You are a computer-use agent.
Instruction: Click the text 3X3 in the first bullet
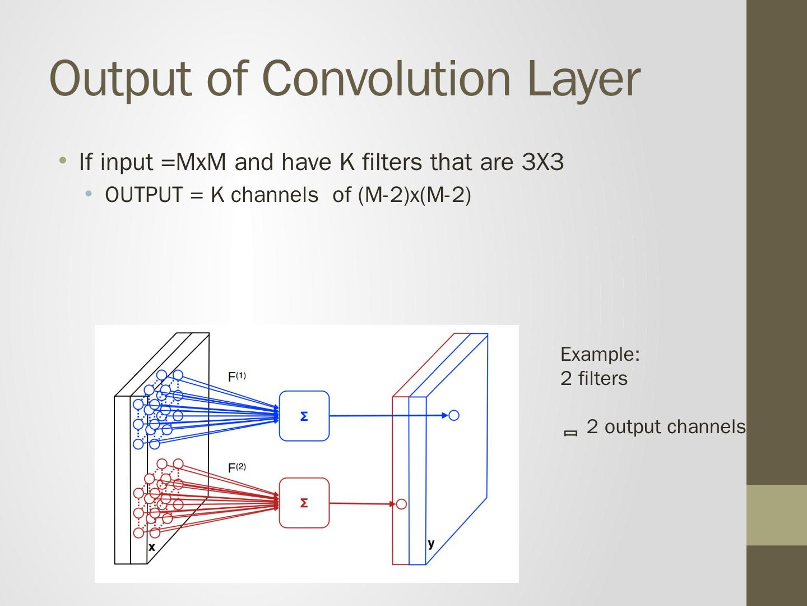click(542, 162)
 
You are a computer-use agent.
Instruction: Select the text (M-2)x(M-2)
click(414, 195)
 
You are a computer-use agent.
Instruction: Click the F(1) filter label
click(236, 377)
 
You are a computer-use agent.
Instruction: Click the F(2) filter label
click(236, 467)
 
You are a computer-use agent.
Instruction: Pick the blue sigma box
click(304, 416)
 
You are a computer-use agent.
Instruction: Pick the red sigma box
click(304, 503)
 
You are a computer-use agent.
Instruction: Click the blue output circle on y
click(454, 415)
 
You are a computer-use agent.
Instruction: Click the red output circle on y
click(401, 504)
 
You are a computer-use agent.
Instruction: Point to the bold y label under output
click(431, 543)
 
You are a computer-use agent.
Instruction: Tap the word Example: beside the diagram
click(600, 354)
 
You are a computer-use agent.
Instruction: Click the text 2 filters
click(594, 379)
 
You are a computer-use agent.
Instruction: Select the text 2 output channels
click(666, 427)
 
